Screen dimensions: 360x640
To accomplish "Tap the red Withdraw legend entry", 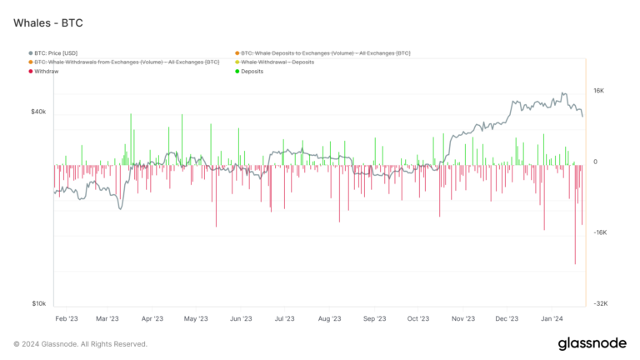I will [48, 72].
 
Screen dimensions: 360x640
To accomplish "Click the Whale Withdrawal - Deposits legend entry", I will [277, 62].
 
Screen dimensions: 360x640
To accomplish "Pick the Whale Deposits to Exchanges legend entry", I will [325, 53].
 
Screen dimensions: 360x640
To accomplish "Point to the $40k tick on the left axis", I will [38, 112].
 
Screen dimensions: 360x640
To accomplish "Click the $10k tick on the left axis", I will [38, 304].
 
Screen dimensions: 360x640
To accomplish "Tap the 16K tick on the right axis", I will [598, 91].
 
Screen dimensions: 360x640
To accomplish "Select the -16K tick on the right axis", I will [599, 232].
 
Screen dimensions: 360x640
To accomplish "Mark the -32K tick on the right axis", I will [599, 304].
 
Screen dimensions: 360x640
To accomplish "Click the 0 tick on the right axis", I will [595, 162].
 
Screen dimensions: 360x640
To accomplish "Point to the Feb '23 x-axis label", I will [67, 318].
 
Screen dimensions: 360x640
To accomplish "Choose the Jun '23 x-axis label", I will [240, 318].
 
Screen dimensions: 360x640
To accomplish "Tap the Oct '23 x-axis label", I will [418, 318].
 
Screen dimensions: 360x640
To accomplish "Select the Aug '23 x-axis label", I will [329, 318].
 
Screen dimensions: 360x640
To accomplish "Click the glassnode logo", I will [592, 343].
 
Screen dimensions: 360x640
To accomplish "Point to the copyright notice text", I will [81, 343].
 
